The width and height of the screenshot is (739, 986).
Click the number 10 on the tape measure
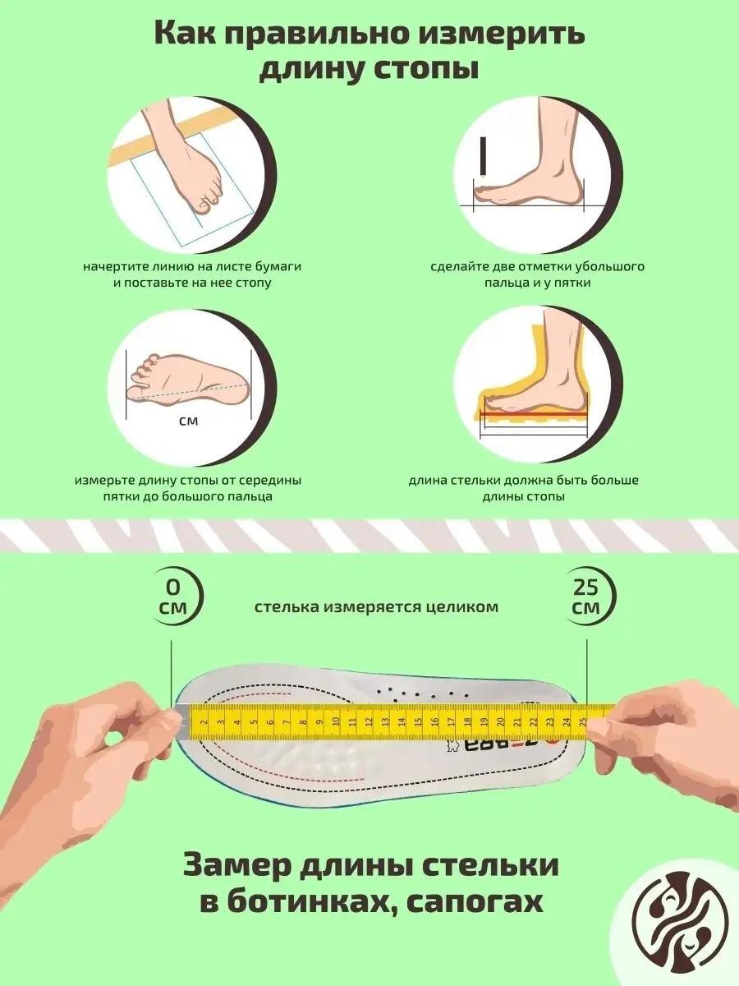(336, 722)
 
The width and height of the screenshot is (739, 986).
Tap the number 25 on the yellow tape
(583, 722)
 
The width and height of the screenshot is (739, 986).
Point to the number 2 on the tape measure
(204, 722)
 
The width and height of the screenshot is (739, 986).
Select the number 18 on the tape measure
(467, 722)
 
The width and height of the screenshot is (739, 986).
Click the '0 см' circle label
(173, 597)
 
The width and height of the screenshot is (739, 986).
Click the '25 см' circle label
(586, 597)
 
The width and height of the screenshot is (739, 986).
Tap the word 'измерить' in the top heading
(502, 35)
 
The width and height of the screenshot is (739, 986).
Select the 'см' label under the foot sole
(189, 422)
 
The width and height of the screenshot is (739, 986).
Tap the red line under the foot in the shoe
(534, 414)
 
